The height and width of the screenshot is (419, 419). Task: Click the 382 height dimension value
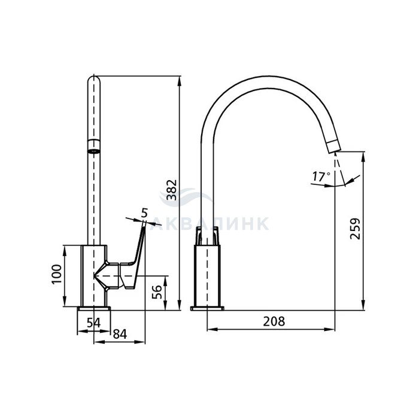172,190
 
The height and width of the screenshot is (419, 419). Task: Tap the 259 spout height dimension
355,229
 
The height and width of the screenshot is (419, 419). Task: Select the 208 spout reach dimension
274,321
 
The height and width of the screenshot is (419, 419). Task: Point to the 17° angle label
321,177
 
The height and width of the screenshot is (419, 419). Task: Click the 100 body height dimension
57,274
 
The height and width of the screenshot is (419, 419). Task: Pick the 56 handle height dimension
157,292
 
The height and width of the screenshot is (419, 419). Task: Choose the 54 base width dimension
93,323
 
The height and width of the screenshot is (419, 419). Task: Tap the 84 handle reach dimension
120,334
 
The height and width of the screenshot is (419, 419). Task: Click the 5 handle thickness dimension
144,213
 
